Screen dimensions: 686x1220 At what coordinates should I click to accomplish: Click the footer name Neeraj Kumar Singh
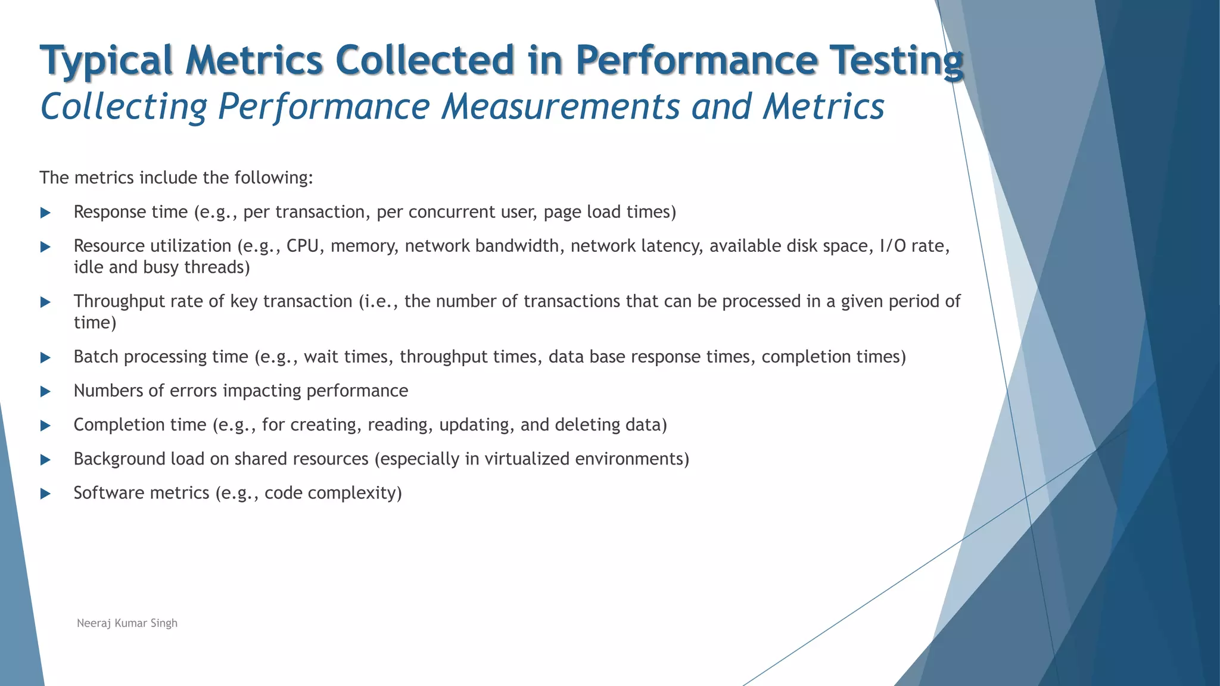coord(127,623)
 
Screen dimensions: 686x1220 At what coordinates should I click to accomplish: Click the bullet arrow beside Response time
coord(45,213)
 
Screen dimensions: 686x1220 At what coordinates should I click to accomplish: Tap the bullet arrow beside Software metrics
coord(45,494)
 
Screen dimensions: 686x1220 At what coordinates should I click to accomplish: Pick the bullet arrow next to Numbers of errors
coord(45,391)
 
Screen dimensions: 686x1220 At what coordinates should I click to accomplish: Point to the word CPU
coord(303,246)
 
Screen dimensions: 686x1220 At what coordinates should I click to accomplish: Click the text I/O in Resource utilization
coord(892,246)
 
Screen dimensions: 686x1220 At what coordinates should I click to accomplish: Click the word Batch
coord(96,357)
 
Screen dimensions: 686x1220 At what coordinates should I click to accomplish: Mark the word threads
coord(216,267)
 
